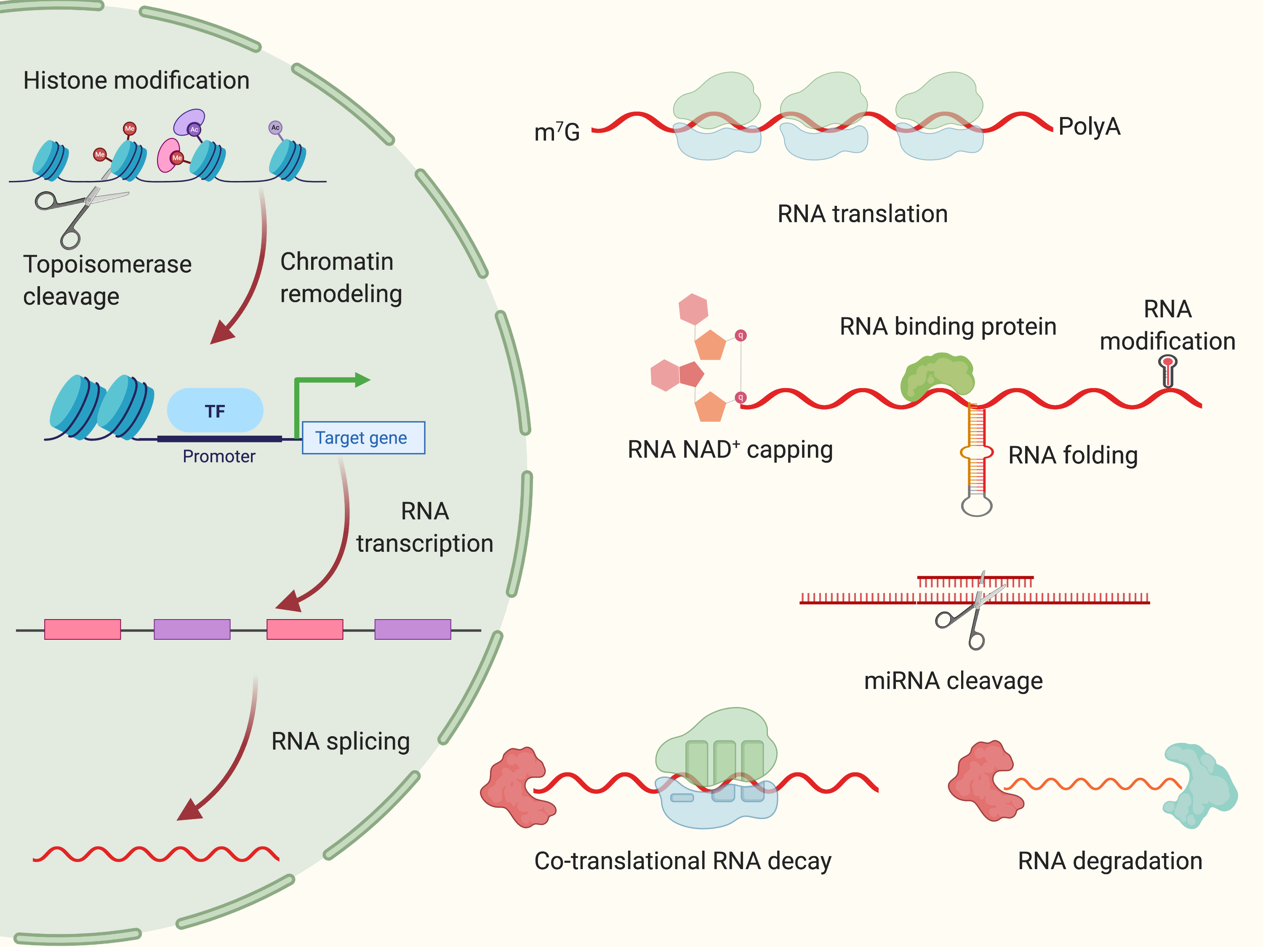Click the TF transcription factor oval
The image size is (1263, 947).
(215, 410)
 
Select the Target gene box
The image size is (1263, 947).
(363, 438)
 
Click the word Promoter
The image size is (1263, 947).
(218, 457)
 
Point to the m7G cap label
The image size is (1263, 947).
(557, 132)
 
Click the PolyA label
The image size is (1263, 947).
(1089, 127)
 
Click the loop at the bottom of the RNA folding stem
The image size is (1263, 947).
(976, 505)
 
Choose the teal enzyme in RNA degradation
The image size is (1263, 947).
(1199, 785)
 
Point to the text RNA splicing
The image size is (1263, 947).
(340, 742)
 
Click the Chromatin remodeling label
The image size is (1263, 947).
(341, 278)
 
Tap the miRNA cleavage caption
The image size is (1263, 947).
(953, 681)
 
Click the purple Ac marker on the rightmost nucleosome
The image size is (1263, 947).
(275, 127)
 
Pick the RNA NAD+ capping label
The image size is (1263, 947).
(730, 450)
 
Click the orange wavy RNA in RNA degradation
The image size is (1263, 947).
(1090, 784)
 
